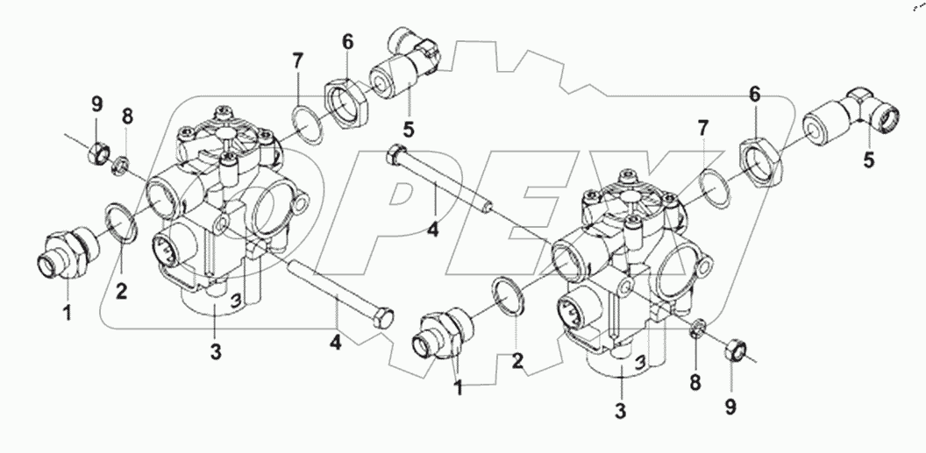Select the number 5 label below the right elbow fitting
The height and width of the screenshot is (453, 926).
click(x=868, y=160)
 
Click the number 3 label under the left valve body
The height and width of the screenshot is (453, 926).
click(x=215, y=352)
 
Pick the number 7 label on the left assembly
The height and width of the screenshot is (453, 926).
click(x=298, y=62)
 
